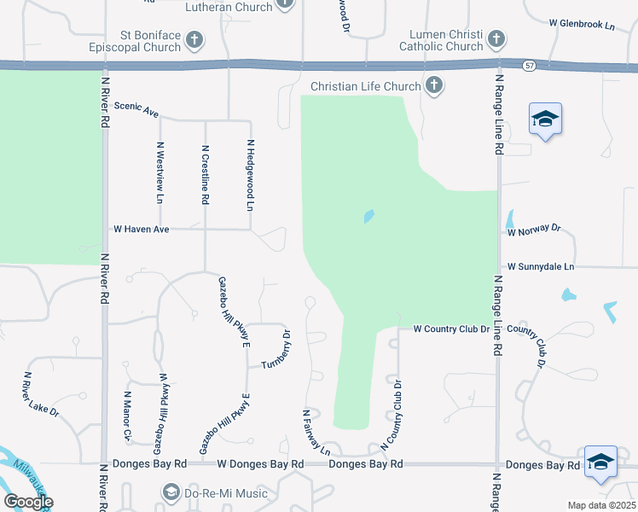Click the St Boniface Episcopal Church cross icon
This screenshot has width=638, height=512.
point(194,39)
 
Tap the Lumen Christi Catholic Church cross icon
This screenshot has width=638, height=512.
point(496,38)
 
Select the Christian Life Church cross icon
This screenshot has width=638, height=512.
point(434,85)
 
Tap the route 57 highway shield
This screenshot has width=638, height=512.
point(530,65)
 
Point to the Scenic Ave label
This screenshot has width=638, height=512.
point(136,112)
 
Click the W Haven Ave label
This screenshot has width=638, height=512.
point(142,229)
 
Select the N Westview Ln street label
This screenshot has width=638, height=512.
point(159,171)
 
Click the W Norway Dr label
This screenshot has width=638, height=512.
point(534,230)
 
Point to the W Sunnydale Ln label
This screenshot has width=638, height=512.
point(541,267)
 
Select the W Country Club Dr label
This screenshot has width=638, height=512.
point(450,329)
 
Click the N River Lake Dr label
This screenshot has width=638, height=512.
point(41,393)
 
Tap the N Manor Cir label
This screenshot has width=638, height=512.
point(127,416)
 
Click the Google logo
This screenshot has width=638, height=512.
point(28,502)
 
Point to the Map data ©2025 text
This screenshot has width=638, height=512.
point(600,504)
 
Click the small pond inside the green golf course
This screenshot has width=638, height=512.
point(369,216)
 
